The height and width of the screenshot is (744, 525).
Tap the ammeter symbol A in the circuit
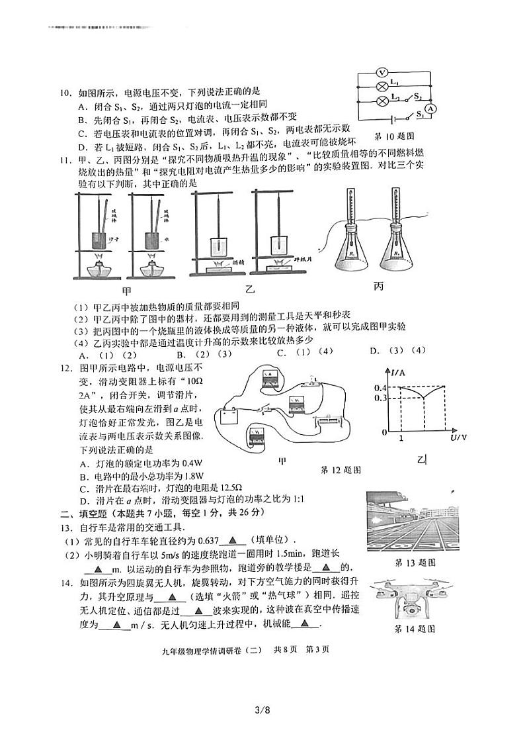click(430, 108)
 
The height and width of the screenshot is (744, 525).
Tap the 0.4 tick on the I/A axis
click(380, 387)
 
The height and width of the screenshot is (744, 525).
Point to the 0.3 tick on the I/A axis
click(380, 398)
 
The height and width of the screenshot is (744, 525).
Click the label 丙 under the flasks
click(378, 286)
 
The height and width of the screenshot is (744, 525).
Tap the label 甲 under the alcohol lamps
click(126, 291)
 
